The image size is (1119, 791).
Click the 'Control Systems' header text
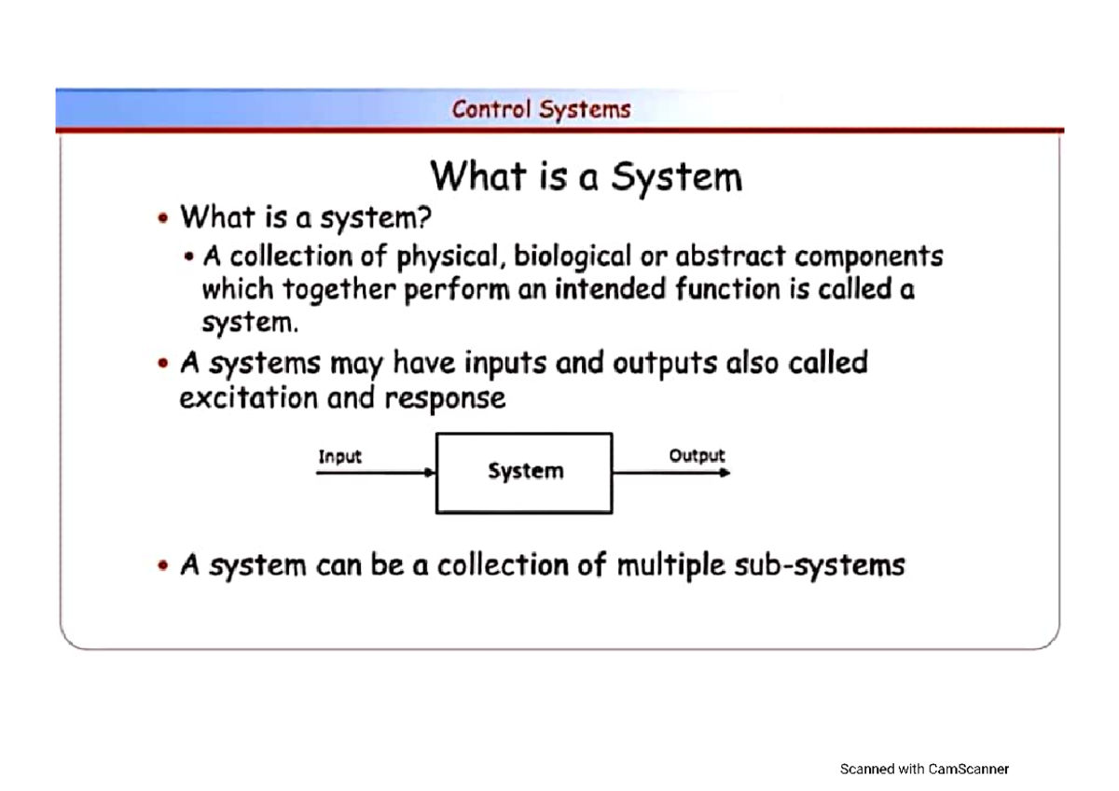click(541, 109)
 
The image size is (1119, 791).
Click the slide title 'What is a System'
click(586, 176)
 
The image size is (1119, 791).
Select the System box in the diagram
click(524, 472)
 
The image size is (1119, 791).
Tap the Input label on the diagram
click(339, 457)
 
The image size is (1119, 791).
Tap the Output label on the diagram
click(696, 456)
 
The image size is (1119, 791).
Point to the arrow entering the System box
click(376, 473)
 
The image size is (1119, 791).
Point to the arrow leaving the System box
click(670, 473)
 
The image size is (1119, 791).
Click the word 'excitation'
click(248, 398)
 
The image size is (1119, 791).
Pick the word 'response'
click(445, 399)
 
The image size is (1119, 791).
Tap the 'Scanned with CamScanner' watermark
click(924, 769)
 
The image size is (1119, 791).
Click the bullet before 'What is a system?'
click(164, 219)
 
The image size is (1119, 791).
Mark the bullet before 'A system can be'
click(164, 566)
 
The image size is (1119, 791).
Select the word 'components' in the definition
click(868, 257)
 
